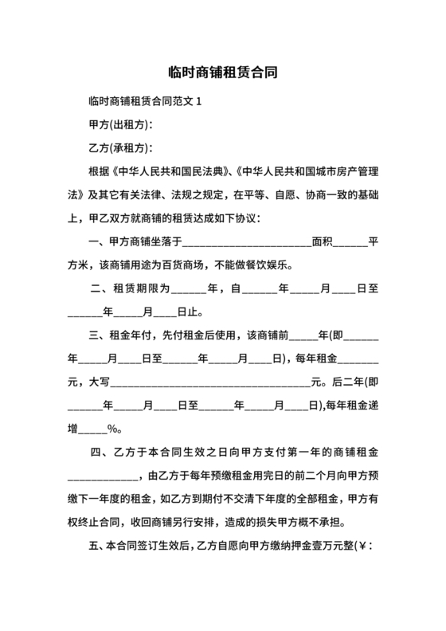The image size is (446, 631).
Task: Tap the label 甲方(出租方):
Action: (x=120, y=126)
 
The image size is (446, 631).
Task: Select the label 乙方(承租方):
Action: (x=120, y=149)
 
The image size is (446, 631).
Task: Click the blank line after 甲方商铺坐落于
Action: (x=247, y=241)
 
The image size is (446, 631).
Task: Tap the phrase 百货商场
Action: (x=186, y=265)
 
